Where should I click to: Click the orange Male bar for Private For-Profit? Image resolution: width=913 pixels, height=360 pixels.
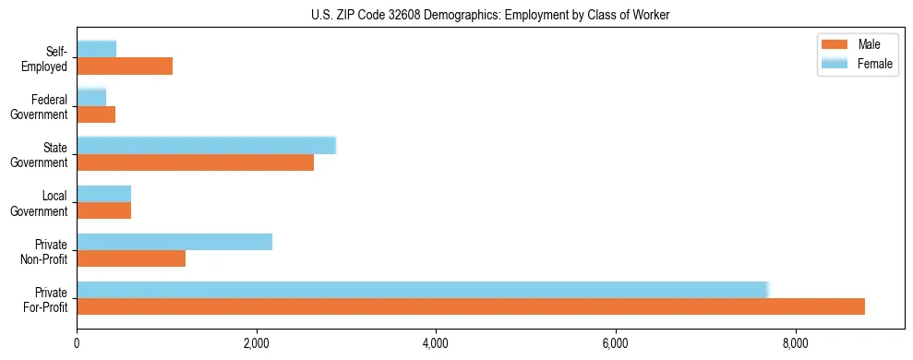click(x=471, y=306)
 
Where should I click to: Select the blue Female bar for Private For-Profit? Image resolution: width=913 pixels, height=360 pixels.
click(x=422, y=290)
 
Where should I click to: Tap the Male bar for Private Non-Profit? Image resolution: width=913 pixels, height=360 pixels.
click(x=131, y=258)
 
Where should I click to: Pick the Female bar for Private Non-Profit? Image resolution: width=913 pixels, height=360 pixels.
click(x=174, y=242)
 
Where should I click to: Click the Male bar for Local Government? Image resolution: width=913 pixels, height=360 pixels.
click(x=103, y=210)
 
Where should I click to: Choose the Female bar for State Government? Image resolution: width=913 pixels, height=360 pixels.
click(x=206, y=146)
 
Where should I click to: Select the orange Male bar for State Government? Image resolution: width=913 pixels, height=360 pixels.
click(x=195, y=162)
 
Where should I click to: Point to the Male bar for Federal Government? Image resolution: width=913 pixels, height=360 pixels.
click(x=96, y=114)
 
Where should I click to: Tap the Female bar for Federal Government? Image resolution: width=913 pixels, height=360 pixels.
click(x=91, y=98)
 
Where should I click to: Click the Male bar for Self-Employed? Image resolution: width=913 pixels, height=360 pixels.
click(x=125, y=66)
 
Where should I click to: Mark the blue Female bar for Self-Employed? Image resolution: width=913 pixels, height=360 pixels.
click(x=96, y=50)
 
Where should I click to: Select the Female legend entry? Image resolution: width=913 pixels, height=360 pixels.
click(x=858, y=63)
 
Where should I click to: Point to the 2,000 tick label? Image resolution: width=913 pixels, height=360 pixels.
click(x=257, y=344)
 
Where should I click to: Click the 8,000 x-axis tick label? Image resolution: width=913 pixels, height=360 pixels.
click(x=795, y=344)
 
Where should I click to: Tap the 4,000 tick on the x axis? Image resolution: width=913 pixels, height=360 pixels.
click(x=436, y=344)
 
